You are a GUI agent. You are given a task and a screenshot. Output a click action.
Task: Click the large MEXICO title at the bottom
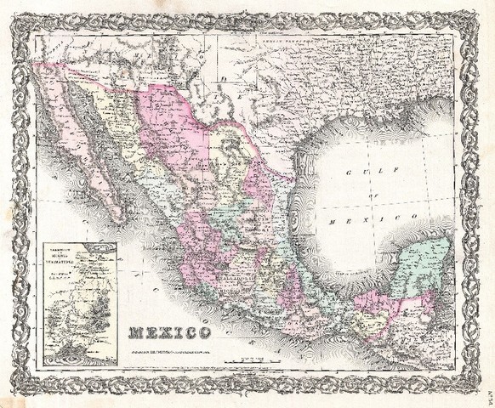169,332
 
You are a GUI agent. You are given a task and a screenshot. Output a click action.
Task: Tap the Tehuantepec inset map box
80,303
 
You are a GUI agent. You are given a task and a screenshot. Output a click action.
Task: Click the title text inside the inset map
80,253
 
